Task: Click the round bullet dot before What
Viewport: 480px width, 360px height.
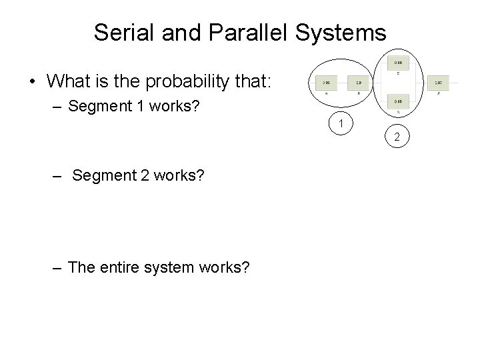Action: point(31,82)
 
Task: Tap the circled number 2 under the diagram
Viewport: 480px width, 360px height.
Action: point(397,138)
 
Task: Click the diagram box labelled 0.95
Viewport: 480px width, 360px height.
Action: point(326,83)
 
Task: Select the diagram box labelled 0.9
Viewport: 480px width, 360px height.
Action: point(359,83)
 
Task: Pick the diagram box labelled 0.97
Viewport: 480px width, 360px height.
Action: point(438,83)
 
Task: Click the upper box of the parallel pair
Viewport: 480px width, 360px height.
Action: point(397,62)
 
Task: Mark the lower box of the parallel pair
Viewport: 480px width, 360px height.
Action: point(397,101)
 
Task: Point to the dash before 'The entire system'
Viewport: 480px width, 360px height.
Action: point(57,267)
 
